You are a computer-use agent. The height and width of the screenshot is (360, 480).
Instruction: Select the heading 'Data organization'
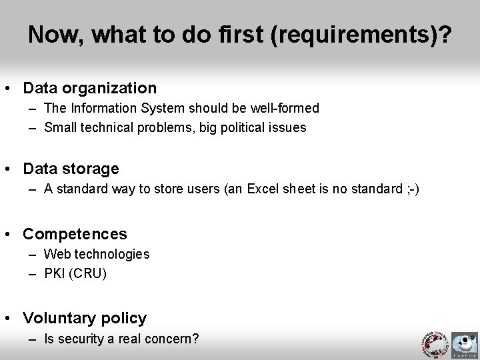pos(90,88)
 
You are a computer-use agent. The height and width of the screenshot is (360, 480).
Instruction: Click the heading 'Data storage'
pos(71,169)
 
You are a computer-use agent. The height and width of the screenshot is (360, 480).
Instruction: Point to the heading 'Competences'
pos(75,234)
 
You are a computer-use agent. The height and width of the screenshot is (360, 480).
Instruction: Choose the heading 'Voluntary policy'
pos(85,318)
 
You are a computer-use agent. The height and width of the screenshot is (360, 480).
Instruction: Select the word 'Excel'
pos(265,189)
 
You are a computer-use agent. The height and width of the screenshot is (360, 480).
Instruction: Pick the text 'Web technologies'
pos(97,254)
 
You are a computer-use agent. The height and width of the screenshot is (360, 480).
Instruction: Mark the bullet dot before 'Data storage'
pos(12,169)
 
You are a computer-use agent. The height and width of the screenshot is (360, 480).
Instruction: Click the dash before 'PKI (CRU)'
pos(32,273)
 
